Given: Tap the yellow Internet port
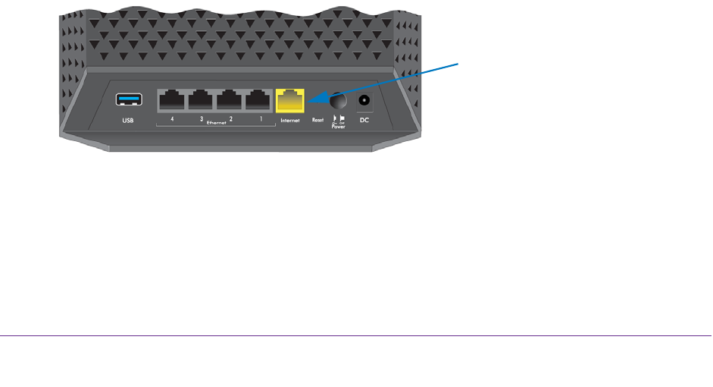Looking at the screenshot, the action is [x=290, y=99].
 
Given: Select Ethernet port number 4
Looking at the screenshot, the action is [x=172, y=100].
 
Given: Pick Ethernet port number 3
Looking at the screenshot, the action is [x=201, y=100].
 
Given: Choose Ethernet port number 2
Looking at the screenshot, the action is [x=230, y=100].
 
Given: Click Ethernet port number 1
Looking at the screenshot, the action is [x=258, y=100].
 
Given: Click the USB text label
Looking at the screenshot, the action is [x=125, y=121].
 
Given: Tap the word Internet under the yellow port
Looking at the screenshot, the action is [x=290, y=121].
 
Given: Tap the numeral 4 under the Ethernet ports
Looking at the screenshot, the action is [x=172, y=119].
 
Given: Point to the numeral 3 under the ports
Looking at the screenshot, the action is [x=201, y=119].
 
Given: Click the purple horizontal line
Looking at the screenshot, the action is [x=356, y=335].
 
